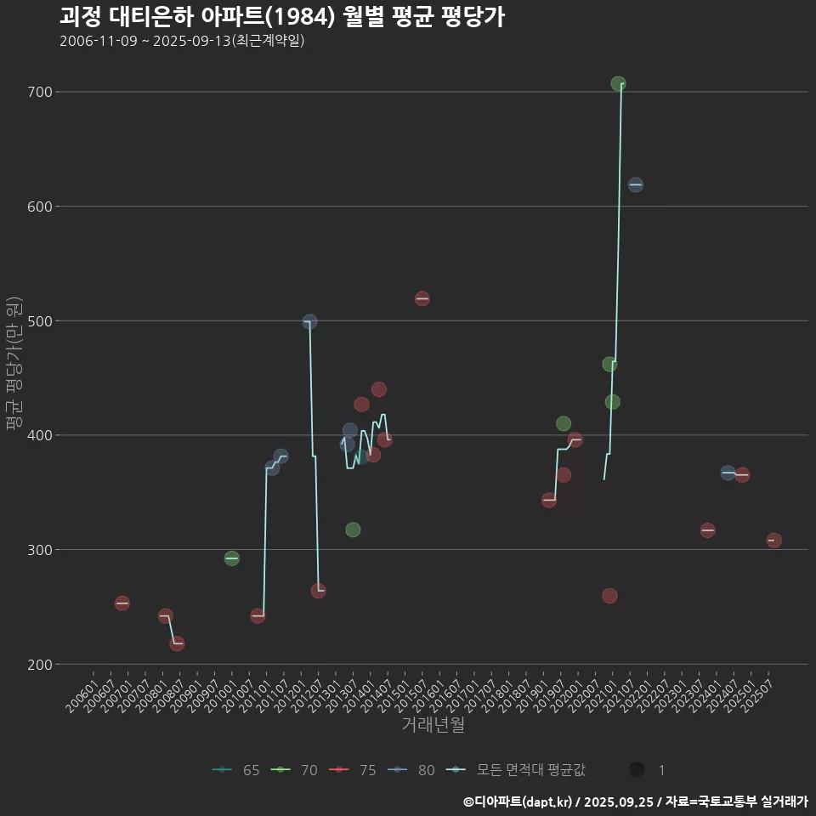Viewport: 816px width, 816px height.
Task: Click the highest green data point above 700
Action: coord(618,84)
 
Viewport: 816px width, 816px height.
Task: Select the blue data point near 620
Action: coord(635,184)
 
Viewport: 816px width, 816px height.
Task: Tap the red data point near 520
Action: coord(422,298)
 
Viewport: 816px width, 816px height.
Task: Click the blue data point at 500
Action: coord(309,322)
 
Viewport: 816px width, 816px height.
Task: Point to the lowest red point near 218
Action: coord(177,643)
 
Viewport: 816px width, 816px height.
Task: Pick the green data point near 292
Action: coord(231,558)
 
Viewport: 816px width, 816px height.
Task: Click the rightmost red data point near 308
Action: coord(773,541)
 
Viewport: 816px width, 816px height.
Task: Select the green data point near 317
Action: coord(353,530)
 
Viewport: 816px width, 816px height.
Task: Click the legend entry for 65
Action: coord(237,770)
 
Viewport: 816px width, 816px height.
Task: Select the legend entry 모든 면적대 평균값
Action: coord(519,770)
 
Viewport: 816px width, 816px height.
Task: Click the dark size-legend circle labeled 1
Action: coord(636,769)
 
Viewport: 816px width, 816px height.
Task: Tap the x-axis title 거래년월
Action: coord(433,725)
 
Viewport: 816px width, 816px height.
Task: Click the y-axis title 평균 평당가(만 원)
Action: coord(14,365)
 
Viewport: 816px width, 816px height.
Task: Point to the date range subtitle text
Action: coord(182,41)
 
